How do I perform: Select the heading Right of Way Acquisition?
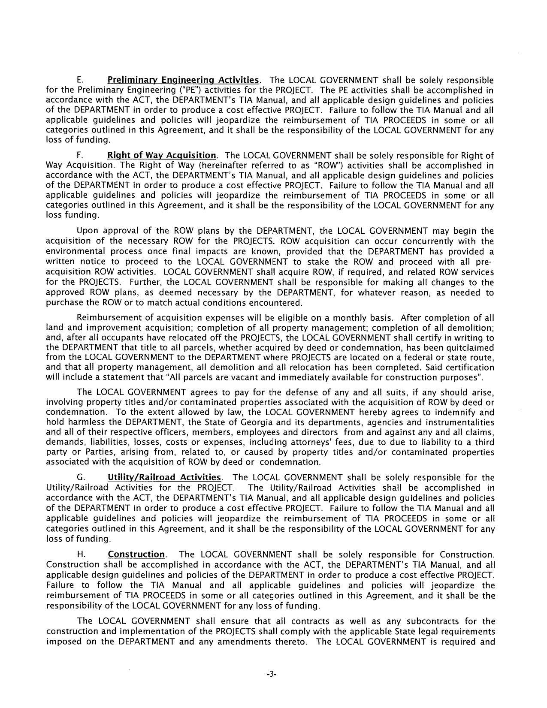162,155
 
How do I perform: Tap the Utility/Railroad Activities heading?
164,478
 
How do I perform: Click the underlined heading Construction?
136,554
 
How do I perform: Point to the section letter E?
79,80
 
